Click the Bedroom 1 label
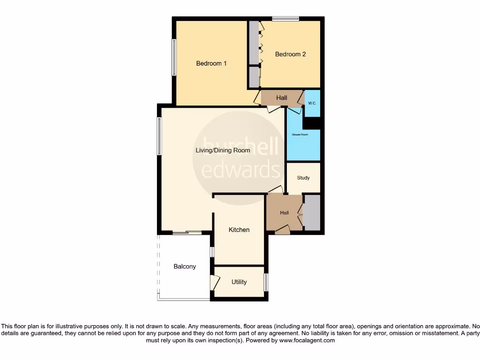(x=211, y=63)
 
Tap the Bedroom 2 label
(x=290, y=54)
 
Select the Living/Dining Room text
(x=223, y=150)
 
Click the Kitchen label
(x=239, y=230)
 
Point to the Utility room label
(x=239, y=282)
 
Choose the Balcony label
(x=185, y=266)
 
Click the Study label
(x=303, y=178)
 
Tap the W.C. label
(x=312, y=103)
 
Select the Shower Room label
(x=300, y=135)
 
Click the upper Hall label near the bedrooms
(x=282, y=98)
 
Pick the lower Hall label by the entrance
(x=285, y=213)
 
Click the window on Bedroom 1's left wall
(x=173, y=57)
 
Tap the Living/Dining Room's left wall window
(x=159, y=136)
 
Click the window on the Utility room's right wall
(x=266, y=282)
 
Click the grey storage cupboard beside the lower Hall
(x=312, y=213)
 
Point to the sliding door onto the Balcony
(x=187, y=232)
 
